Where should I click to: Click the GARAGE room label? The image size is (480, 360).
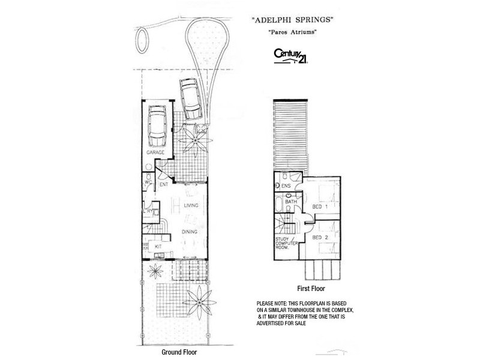coord(155,153)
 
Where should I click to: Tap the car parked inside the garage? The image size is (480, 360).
coord(157,125)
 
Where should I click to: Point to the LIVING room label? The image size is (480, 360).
coord(191,206)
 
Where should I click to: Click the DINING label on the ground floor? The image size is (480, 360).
coord(191,230)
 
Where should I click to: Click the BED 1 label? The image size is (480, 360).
coord(320,206)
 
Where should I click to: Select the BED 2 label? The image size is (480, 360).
coord(320,238)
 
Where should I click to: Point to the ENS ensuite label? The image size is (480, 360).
coord(286,186)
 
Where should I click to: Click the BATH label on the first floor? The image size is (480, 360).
coord(291,202)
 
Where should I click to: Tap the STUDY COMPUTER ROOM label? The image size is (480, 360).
coord(285,246)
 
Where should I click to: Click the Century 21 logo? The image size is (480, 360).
coord(291,55)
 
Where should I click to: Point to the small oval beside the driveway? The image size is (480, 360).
coord(143,39)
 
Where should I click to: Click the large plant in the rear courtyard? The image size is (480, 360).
coord(196,298)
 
